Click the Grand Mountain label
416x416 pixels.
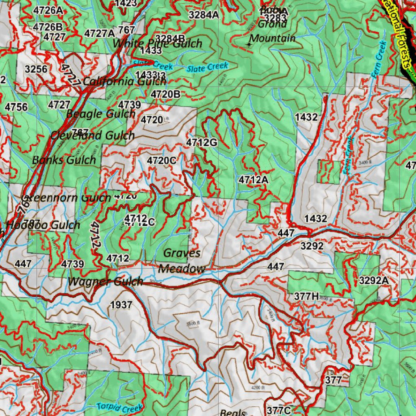click(x=272, y=31)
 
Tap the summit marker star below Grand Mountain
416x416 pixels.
click(x=249, y=45)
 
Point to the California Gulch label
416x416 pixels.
click(x=124, y=81)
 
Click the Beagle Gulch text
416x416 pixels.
click(x=100, y=114)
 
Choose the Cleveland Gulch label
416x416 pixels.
click(x=92, y=135)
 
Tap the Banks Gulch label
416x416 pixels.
click(x=64, y=160)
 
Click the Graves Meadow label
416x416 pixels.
click(x=182, y=260)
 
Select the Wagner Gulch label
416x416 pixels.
click(x=105, y=281)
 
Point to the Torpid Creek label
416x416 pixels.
click(x=119, y=407)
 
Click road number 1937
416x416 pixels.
click(x=121, y=305)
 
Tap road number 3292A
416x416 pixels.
click(x=374, y=280)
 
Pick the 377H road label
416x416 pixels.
click(x=306, y=297)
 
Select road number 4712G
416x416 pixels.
click(x=202, y=142)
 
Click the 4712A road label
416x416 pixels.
click(x=253, y=180)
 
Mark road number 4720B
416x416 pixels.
click(x=165, y=94)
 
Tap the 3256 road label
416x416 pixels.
click(x=36, y=69)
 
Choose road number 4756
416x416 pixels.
click(x=16, y=107)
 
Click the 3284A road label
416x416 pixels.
click(x=204, y=15)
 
